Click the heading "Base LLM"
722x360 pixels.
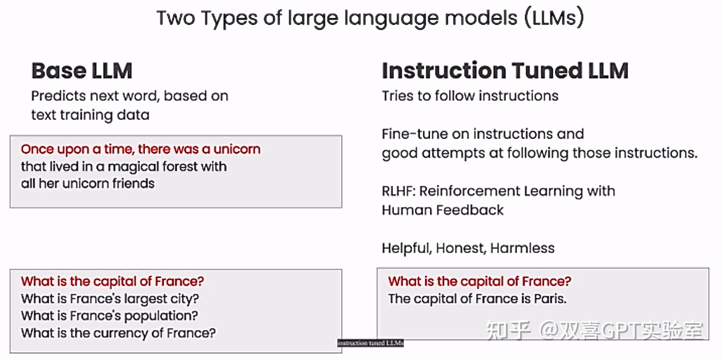(82, 71)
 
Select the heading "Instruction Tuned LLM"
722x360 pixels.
(505, 70)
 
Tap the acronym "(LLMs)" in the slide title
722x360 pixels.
(554, 18)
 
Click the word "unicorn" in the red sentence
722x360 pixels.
(237, 149)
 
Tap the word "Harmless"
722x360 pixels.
(522, 248)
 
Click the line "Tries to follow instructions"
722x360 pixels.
(470, 96)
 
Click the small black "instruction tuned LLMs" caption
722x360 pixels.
(371, 343)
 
